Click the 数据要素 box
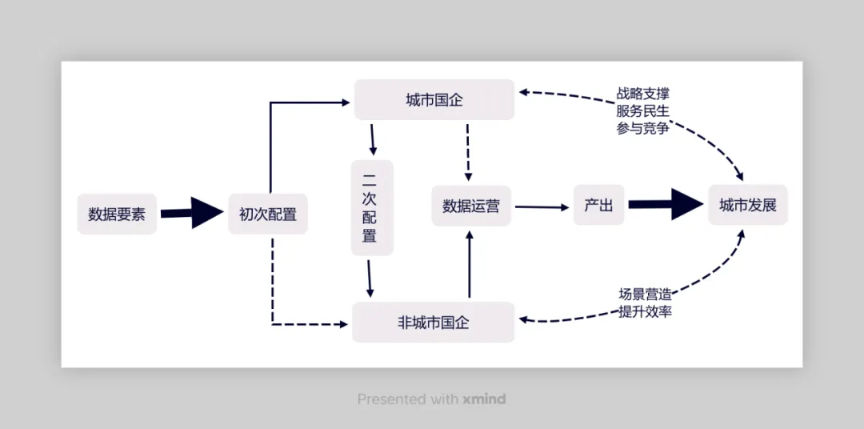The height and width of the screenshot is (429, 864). coord(117,214)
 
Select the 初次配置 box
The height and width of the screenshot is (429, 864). coord(268,214)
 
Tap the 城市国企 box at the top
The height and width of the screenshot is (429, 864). coord(434,100)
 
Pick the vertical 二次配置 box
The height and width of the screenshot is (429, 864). coord(371,207)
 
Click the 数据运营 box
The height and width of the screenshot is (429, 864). coord(471,206)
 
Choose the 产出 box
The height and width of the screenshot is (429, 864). coord(598,205)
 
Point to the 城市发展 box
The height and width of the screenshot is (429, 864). coord(748,205)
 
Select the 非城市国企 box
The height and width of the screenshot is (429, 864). coord(434,323)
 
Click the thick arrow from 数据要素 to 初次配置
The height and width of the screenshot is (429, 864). coord(192,213)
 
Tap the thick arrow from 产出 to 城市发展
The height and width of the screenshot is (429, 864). coord(665,204)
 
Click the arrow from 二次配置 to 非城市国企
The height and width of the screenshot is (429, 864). coord(370,278)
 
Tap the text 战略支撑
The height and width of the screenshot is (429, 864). coord(642,94)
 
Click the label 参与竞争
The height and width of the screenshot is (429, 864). coord(642,128)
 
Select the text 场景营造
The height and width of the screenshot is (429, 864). coord(645,294)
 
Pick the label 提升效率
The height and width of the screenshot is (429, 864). coord(645,311)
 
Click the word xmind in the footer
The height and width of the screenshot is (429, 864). coord(484,399)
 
